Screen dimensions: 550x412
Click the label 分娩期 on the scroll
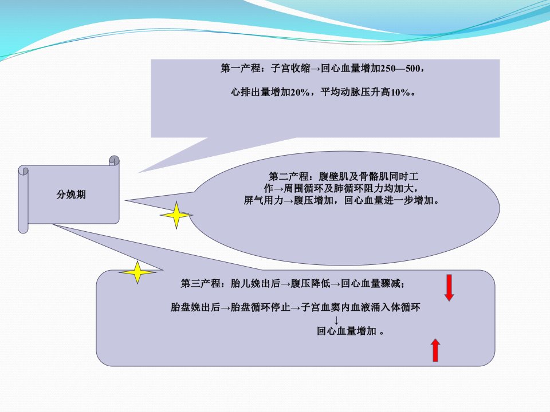71,195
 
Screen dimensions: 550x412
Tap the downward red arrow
449,288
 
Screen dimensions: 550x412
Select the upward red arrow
435,350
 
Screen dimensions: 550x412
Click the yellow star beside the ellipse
176,215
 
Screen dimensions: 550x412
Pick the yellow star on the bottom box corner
137,272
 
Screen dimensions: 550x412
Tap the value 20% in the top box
300,92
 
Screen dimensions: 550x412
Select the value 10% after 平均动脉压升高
400,92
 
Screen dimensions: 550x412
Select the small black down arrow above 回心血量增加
336,320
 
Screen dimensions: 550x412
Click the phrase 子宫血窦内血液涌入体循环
360,307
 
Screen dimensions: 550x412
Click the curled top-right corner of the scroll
114,161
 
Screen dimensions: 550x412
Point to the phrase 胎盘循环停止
260,307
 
